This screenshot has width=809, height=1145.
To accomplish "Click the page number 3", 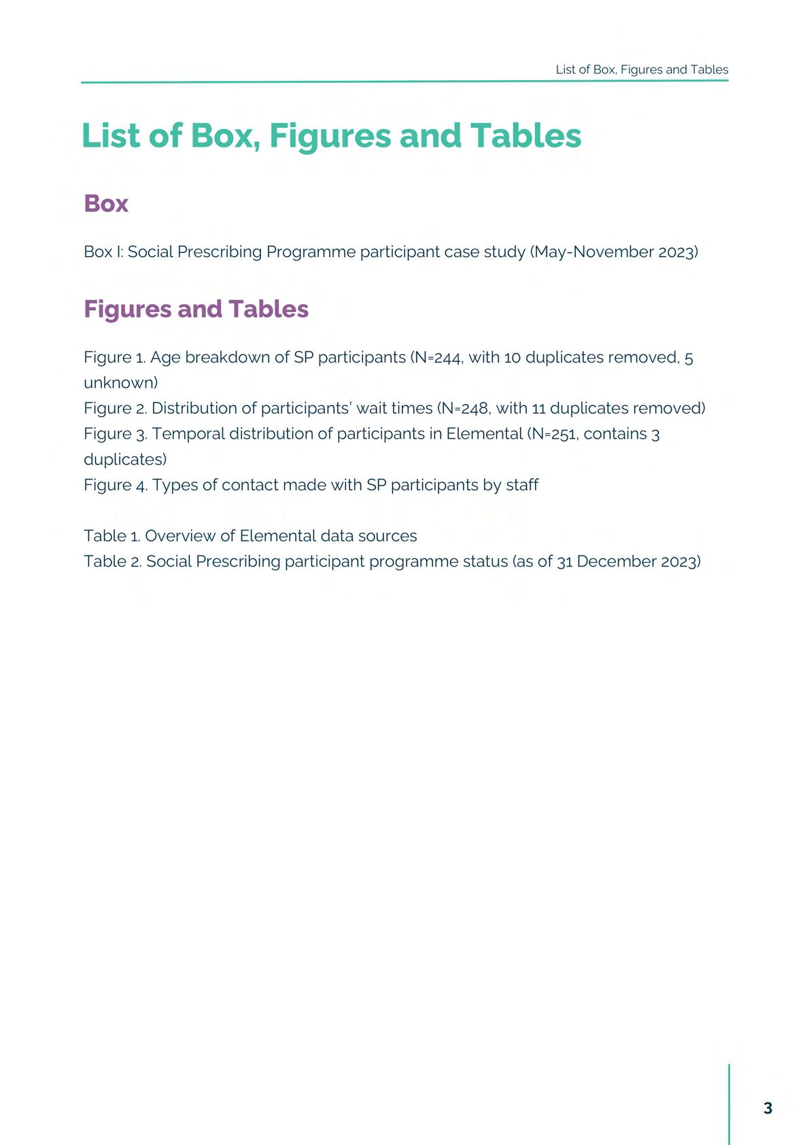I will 768,1108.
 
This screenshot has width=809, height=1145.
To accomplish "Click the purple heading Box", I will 106,203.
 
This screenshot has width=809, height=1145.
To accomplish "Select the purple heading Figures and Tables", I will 196,309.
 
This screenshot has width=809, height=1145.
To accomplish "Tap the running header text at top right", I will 642,69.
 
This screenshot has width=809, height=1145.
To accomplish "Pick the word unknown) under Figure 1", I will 120,383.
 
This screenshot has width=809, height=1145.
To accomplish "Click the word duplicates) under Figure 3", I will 125,460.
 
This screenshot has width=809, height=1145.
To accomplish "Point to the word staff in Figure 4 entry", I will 522,485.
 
